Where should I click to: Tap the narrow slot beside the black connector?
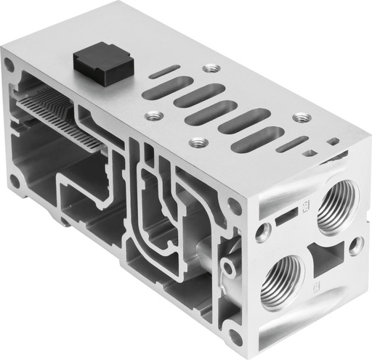coord(166,70)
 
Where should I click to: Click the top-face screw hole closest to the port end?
coord(300,118)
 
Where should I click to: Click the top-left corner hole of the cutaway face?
coord(9,65)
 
